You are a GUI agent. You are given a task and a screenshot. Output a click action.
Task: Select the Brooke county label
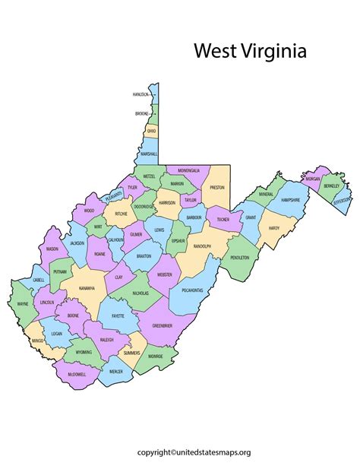[x=142, y=113]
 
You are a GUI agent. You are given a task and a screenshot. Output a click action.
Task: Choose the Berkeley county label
[x=331, y=185]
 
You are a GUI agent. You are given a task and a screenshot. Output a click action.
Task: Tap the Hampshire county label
[x=295, y=200]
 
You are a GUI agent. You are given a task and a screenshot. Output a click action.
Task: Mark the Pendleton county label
[x=240, y=258]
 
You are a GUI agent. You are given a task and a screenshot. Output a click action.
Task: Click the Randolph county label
[x=201, y=246]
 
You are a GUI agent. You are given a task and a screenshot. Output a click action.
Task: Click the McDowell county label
[x=76, y=373]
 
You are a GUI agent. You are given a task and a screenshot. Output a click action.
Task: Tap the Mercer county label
[x=115, y=371]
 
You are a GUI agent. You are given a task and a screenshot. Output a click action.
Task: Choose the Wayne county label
[x=24, y=305]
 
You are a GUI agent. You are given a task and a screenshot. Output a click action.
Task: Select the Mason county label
[x=52, y=249]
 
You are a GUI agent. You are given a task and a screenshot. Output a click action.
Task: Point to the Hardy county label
[x=274, y=227]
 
